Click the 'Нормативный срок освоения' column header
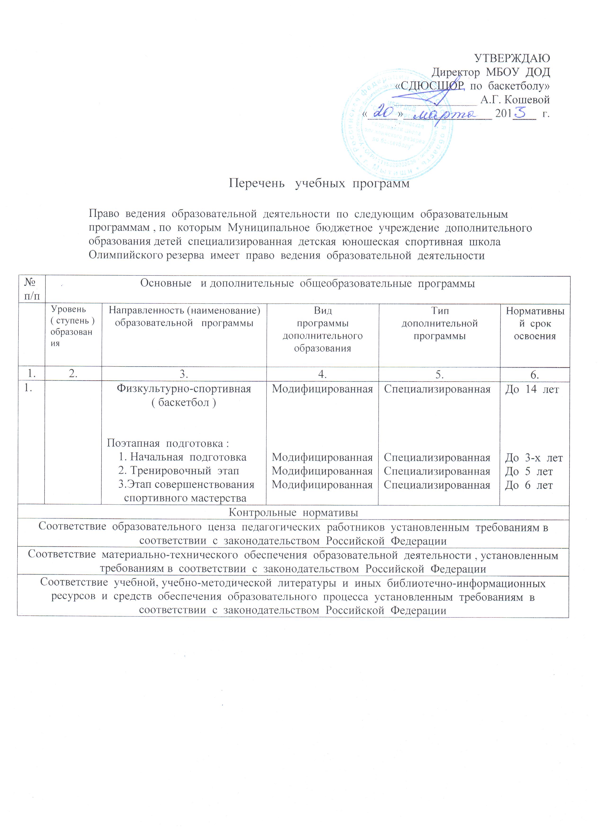click(x=535, y=323)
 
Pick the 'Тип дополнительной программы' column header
click(x=440, y=323)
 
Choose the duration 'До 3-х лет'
click(x=534, y=458)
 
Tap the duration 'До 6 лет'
click(x=528, y=485)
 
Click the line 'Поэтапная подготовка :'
click(x=168, y=444)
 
